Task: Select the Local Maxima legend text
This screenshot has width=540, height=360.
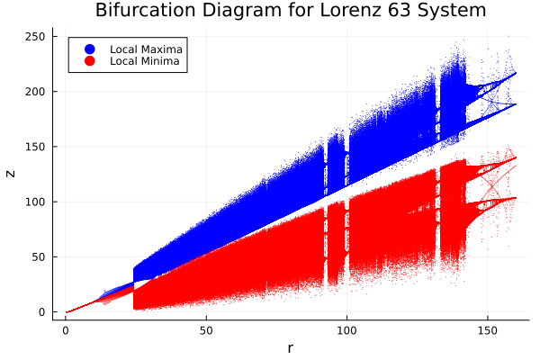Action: pyautogui.click(x=145, y=48)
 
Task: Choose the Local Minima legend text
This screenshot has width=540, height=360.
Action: pyautogui.click(x=144, y=61)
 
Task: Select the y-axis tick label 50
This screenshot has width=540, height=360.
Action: pyautogui.click(x=40, y=257)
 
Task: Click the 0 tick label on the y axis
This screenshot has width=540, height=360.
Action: pyautogui.click(x=43, y=312)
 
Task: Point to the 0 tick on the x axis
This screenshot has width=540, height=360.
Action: pyautogui.click(x=66, y=330)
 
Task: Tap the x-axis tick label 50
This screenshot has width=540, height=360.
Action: pyautogui.click(x=206, y=330)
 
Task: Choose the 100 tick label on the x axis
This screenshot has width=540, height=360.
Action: pyautogui.click(x=346, y=330)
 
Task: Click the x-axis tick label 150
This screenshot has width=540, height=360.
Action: pyautogui.click(x=488, y=330)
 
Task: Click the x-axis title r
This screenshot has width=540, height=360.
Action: pyautogui.click(x=291, y=347)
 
